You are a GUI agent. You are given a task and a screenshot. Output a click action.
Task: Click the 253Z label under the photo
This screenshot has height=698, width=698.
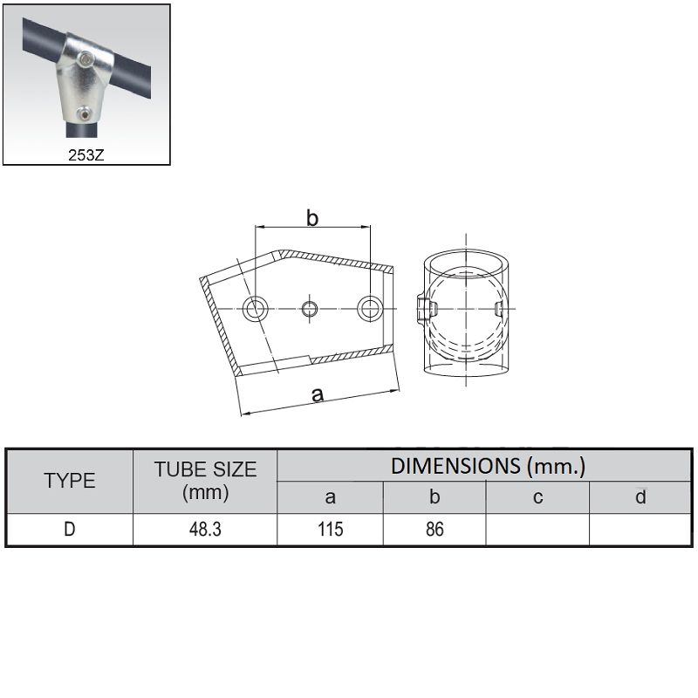click(86, 155)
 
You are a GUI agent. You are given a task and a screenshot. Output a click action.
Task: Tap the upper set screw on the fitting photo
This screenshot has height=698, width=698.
click(86, 58)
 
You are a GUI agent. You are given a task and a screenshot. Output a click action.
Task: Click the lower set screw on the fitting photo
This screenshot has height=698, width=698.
click(83, 114)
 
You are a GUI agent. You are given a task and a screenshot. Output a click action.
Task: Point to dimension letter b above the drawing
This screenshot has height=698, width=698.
click(312, 218)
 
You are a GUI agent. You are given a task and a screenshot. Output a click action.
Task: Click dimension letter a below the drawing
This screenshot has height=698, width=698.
click(318, 394)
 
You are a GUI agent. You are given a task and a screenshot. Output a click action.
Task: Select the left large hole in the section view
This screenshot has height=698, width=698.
click(255, 309)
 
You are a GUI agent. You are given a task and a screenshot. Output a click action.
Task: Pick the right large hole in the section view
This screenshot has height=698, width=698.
click(370, 308)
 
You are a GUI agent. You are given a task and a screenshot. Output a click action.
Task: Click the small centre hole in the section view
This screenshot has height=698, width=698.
click(310, 309)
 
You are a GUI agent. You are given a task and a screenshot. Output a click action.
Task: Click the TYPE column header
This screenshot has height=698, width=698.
click(70, 481)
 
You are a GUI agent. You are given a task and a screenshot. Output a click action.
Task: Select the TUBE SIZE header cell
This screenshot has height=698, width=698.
click(205, 481)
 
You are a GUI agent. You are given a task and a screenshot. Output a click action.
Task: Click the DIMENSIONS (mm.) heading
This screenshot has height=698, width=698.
click(488, 466)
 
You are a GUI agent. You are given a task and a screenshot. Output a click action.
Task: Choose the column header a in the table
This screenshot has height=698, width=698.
click(330, 497)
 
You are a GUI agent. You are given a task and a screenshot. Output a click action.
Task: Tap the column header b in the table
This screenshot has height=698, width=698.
click(435, 496)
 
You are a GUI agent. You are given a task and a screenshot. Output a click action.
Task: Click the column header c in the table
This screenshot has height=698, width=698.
click(537, 497)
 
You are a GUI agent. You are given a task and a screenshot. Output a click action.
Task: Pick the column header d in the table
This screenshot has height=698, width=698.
click(640, 496)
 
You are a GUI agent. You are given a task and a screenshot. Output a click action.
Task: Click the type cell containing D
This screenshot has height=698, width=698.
click(70, 530)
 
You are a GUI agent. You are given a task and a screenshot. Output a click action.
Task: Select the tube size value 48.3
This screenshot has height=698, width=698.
click(205, 530)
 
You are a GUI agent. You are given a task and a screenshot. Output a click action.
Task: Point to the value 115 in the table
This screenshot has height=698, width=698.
click(331, 530)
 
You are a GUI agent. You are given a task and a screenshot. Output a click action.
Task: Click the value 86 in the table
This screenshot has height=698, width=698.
click(435, 530)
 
